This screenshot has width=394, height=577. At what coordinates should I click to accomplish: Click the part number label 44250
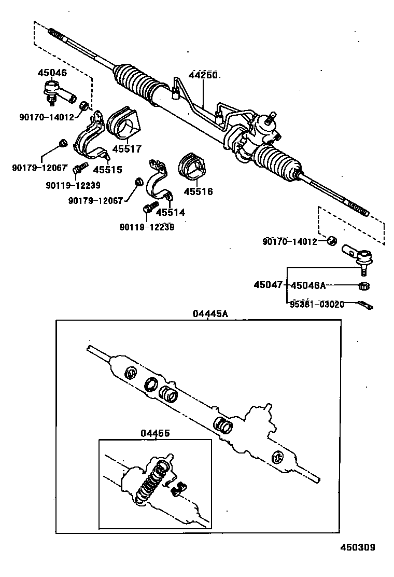203,75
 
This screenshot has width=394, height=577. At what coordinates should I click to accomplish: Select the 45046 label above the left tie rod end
52,73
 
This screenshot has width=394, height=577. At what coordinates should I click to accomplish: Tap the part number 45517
127,149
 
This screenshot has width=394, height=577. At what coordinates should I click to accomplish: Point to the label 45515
107,169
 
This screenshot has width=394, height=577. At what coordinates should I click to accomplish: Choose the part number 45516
199,191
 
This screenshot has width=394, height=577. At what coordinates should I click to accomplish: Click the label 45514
171,212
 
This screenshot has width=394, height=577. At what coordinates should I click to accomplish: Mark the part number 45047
268,285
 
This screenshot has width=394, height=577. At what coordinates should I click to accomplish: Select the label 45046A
308,285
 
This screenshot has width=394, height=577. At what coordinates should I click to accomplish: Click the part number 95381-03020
317,304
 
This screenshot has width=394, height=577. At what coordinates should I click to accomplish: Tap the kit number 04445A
210,313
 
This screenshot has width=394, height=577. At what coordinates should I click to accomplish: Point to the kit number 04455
154,433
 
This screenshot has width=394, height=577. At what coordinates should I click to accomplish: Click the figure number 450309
357,547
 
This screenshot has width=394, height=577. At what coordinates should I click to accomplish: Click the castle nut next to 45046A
364,285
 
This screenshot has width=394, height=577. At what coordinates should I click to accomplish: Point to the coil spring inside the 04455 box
152,480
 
